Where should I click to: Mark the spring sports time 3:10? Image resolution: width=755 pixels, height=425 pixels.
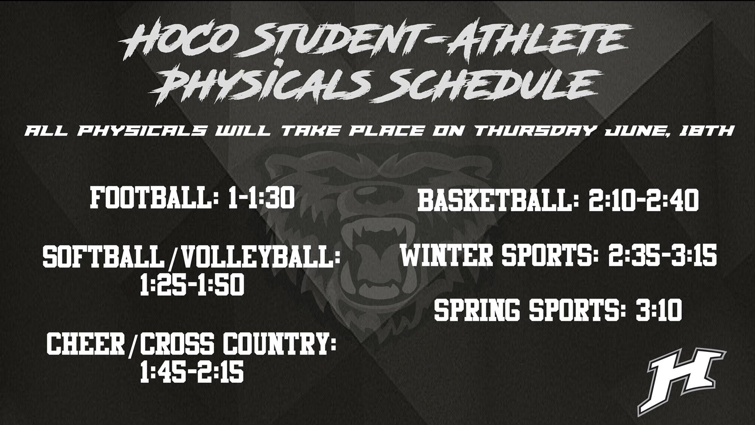659,311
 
